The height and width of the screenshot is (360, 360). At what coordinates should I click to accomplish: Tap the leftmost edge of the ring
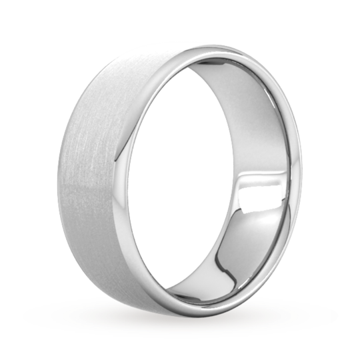(56, 187)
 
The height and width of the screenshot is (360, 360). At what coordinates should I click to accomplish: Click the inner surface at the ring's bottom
(220, 280)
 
